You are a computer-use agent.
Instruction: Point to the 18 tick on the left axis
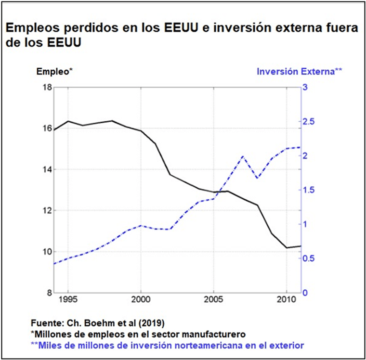click(x=47, y=87)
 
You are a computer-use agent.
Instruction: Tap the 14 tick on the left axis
click(x=47, y=169)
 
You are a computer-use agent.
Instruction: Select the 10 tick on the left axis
click(x=47, y=252)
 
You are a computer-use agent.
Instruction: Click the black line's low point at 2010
click(x=287, y=247)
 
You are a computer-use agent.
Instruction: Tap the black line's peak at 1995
click(x=68, y=121)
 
